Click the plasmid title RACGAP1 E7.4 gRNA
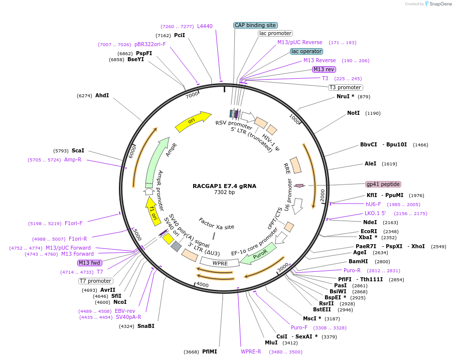click(x=224, y=186)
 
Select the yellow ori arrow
click(x=193, y=121)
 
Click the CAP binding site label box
click(x=255, y=25)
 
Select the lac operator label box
click(x=307, y=51)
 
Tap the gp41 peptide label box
click(x=383, y=184)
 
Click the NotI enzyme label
click(x=353, y=113)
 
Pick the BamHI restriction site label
click(x=358, y=261)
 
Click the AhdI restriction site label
click(x=102, y=95)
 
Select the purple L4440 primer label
click(x=205, y=26)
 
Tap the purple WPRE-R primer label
click(x=251, y=351)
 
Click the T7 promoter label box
click(x=95, y=281)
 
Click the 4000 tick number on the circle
click(x=202, y=285)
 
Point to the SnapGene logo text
click(x=440, y=4)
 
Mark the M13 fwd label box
click(x=90, y=263)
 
